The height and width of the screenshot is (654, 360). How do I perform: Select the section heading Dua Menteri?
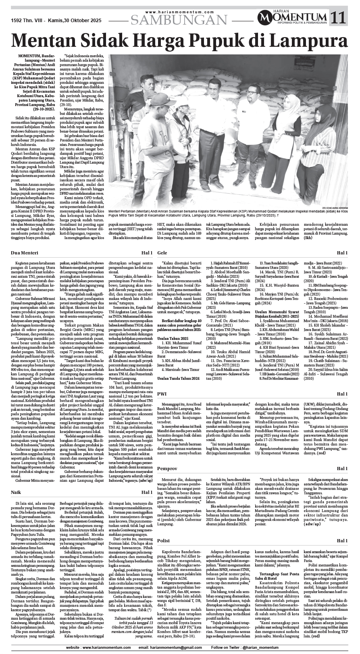[x=25, y=252]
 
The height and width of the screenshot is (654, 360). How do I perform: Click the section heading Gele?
[x=162, y=252]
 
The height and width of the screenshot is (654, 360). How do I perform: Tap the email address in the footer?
[x=169, y=647]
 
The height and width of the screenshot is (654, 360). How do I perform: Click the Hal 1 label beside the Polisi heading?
[x=342, y=541]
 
